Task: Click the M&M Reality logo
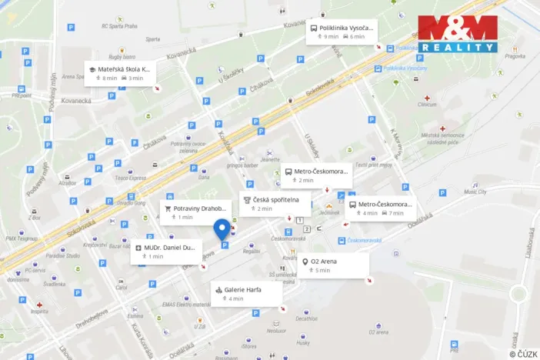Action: [x=458, y=34]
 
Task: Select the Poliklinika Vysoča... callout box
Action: [x=342, y=31]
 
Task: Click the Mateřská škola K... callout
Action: [x=119, y=72]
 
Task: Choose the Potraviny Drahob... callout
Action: [x=195, y=212]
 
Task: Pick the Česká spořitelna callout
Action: [x=275, y=204]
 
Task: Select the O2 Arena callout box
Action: [x=334, y=265]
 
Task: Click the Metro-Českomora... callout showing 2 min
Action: [x=316, y=175]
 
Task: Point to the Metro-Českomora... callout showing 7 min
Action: [x=380, y=208]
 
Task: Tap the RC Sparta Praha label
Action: [x=119, y=25]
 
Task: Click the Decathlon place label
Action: [x=305, y=318]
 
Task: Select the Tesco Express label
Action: [x=110, y=178]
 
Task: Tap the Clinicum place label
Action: [x=427, y=105]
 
